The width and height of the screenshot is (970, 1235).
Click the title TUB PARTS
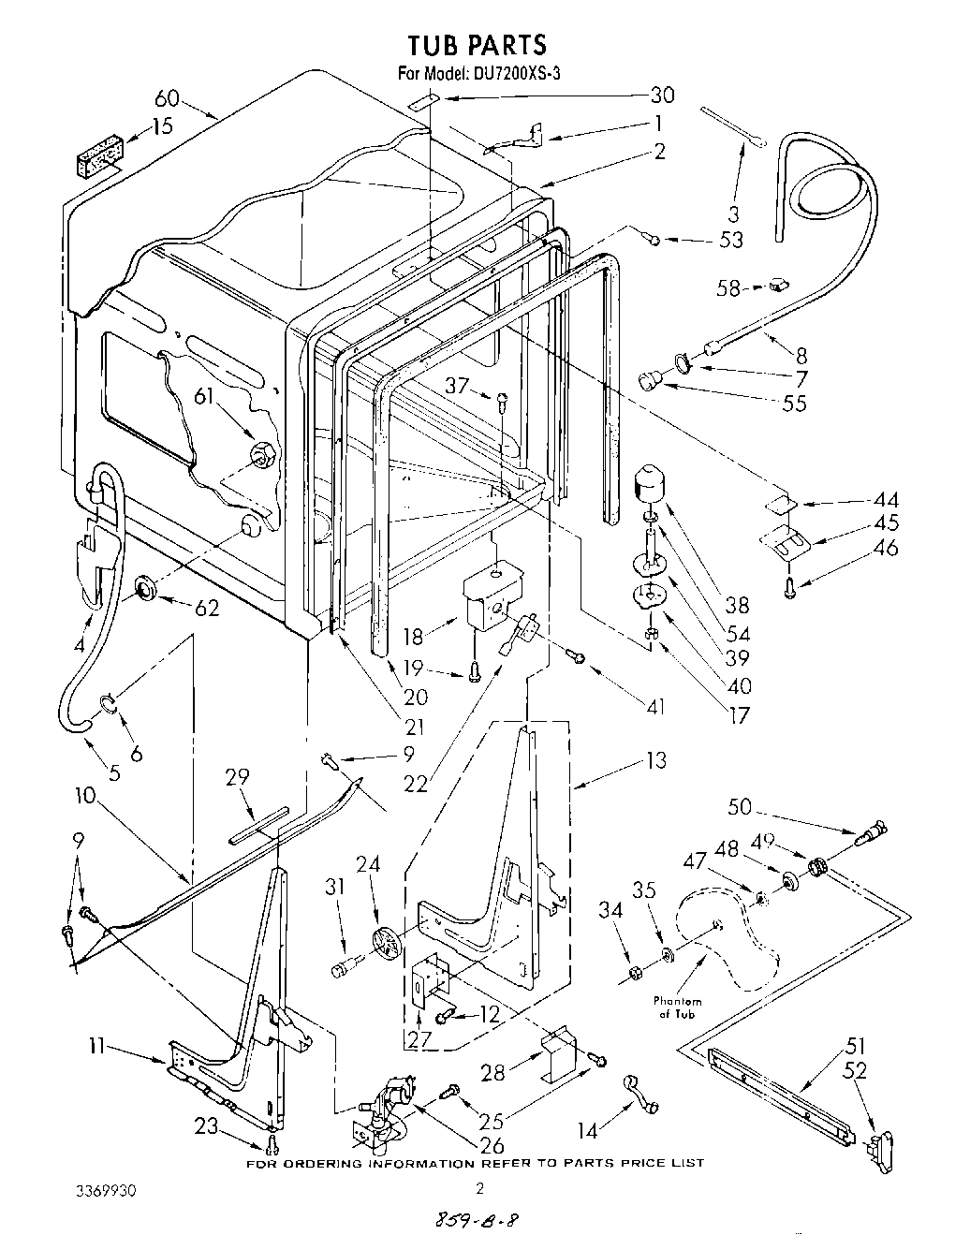(477, 44)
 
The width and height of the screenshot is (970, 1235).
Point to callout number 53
(730, 240)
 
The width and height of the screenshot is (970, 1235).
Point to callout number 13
(655, 759)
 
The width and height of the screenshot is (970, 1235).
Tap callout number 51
(858, 1046)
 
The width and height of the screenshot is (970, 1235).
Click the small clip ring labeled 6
(109, 701)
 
